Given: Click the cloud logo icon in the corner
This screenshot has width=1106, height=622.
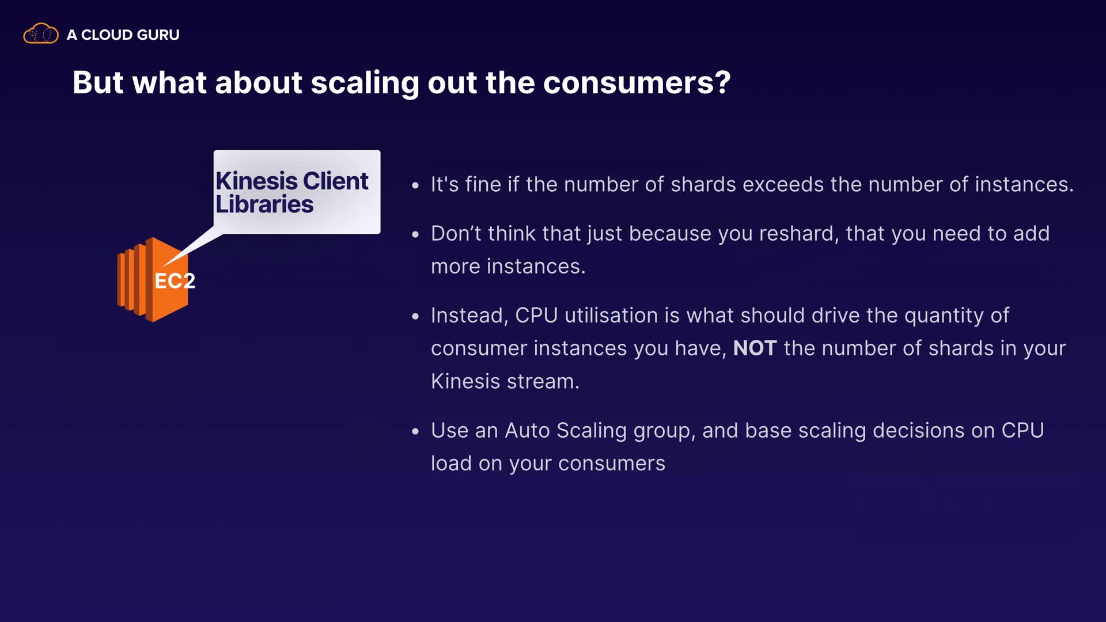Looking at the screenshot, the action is coord(40,33).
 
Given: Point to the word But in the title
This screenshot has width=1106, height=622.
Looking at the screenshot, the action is coord(98,82).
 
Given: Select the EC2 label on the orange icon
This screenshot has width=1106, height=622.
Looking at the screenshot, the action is coord(175,281).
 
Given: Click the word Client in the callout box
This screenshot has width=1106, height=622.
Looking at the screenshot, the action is coord(335,181).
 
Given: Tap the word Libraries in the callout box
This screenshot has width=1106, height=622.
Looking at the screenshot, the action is coord(264,204).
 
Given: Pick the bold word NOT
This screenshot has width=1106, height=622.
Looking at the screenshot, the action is coord(755,348).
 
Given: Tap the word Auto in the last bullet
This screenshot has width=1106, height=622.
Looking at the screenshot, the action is coord(527,430).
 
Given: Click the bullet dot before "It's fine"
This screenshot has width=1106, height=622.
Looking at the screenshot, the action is coord(415,185).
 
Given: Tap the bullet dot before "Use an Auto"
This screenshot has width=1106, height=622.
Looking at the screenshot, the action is coord(415,431).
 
